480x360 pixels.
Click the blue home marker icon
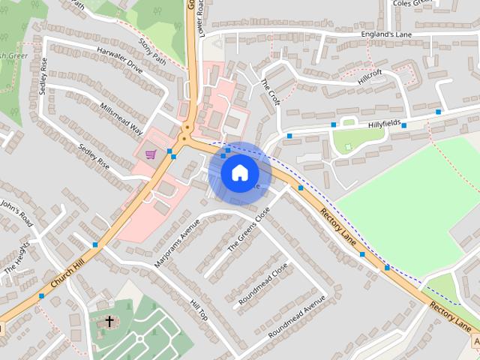pyautogui.click(x=239, y=172)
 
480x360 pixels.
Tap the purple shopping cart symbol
pyautogui.click(x=151, y=154)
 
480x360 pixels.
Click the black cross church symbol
pyautogui.click(x=109, y=322)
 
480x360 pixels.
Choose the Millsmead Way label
pyautogui.click(x=120, y=118)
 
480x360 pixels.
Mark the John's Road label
pyautogui.click(x=16, y=212)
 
